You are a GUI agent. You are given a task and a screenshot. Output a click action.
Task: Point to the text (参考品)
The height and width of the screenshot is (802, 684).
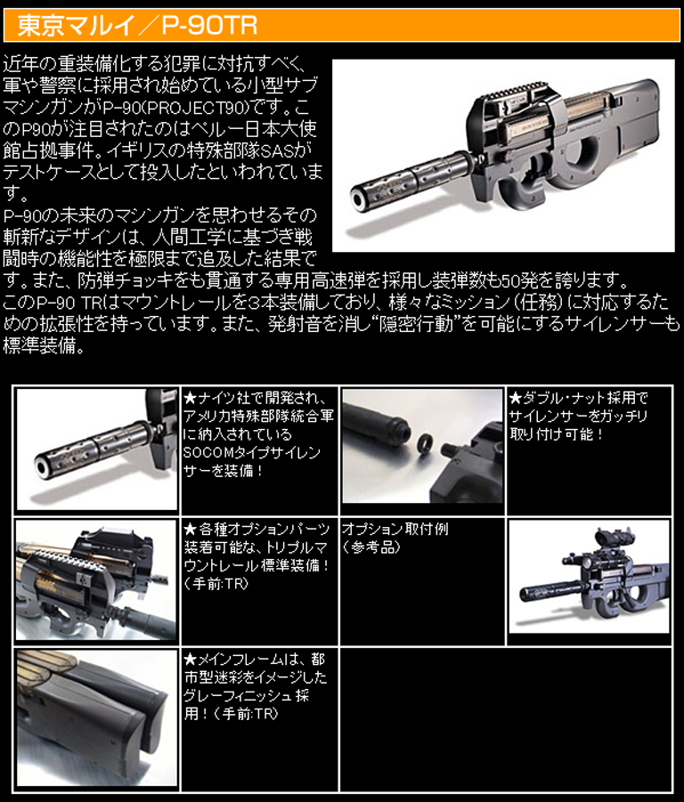tap(372, 547)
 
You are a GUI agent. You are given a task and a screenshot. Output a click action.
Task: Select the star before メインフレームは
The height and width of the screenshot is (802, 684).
tap(189, 660)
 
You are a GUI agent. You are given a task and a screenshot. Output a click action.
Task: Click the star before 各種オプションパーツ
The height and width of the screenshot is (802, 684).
tap(189, 529)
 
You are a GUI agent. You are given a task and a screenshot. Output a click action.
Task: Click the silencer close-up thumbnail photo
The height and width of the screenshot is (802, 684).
tap(97, 447)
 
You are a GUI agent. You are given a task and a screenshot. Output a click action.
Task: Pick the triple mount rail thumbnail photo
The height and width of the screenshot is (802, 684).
tap(97, 581)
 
